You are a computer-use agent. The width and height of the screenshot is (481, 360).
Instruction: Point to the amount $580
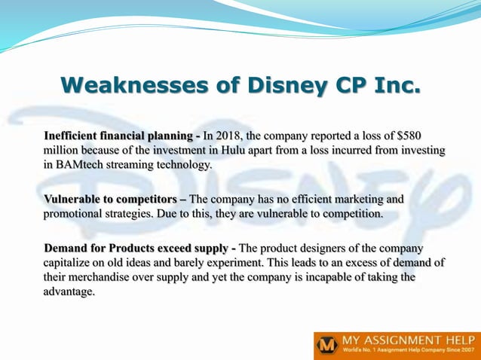[430, 136]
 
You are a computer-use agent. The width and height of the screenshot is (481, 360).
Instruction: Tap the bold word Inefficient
[75, 136]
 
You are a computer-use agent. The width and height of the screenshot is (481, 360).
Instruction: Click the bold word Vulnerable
[75, 200]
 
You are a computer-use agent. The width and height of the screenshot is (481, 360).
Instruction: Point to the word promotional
[78, 214]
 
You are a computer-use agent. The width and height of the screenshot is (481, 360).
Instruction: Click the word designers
[327, 249]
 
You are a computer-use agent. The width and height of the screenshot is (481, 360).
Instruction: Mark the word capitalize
[72, 263]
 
